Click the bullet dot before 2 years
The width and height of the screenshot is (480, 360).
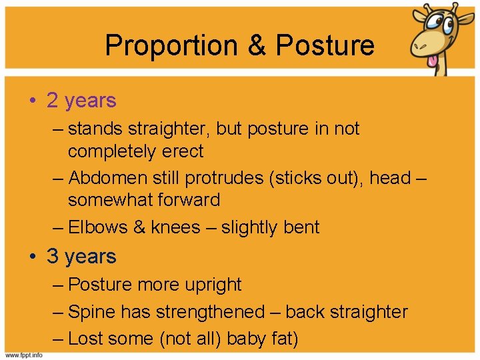point(33,101)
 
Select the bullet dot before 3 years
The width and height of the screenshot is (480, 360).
point(33,257)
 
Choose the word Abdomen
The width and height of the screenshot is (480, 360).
point(105,178)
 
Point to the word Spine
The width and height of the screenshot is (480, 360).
point(92,312)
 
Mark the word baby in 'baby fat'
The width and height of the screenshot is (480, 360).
point(245,339)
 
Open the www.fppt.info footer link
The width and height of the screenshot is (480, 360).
point(24,355)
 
